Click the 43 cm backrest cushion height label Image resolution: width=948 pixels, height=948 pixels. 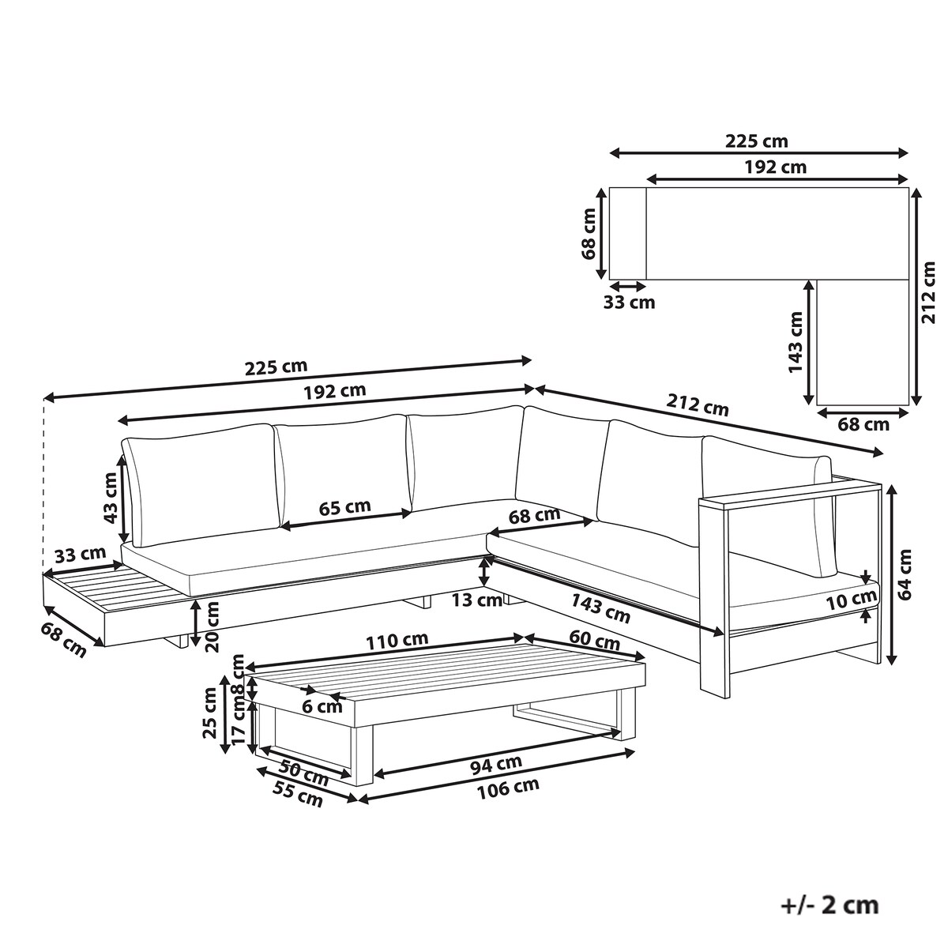click(x=111, y=498)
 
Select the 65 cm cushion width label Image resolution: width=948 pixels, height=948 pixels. click(x=344, y=507)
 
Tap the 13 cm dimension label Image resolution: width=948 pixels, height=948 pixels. click(x=476, y=600)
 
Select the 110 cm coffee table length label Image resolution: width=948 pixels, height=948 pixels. click(x=397, y=640)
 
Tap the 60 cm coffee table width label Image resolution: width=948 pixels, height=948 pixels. click(x=594, y=640)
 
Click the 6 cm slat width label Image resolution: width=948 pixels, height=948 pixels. click(x=322, y=707)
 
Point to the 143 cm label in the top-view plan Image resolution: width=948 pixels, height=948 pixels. click(x=795, y=342)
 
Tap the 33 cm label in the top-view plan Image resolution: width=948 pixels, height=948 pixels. click(x=629, y=302)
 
